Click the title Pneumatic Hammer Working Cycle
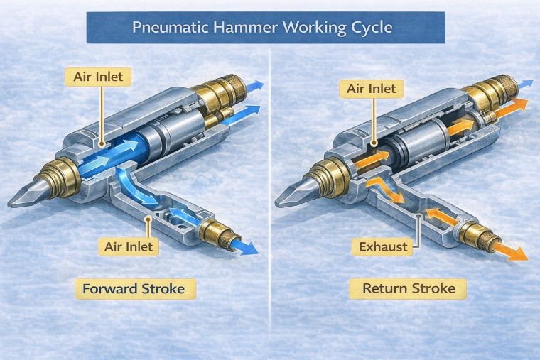pos(265,29)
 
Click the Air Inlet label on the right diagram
pos(372,89)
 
